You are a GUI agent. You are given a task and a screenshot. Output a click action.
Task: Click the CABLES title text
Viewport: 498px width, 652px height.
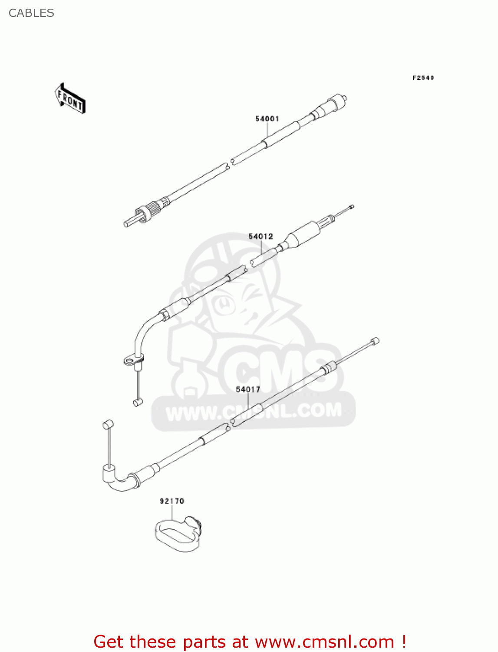tap(31, 13)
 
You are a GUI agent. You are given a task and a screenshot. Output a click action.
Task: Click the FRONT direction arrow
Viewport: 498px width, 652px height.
tap(70, 99)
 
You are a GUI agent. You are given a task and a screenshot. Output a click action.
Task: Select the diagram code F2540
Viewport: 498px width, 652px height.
tap(423, 78)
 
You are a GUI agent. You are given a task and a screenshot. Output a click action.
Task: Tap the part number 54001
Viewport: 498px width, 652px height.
tap(267, 119)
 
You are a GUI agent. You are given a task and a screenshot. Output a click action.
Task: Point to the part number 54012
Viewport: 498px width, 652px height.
tap(261, 236)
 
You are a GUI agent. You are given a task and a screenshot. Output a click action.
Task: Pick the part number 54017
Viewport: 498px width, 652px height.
tap(248, 389)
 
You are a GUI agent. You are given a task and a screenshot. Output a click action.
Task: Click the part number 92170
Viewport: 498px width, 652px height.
tap(172, 501)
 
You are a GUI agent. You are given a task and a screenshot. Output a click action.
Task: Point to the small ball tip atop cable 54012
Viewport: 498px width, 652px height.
tap(352, 206)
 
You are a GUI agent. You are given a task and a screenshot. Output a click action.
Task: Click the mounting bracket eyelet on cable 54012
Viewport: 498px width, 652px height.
tap(129, 360)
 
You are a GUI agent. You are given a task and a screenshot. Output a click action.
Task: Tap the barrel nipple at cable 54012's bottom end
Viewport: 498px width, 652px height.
tap(138, 402)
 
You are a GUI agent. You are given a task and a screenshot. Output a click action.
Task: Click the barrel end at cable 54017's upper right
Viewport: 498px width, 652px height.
tap(375, 341)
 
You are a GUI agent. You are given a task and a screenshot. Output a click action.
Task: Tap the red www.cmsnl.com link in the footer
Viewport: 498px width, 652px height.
tap(324, 642)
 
